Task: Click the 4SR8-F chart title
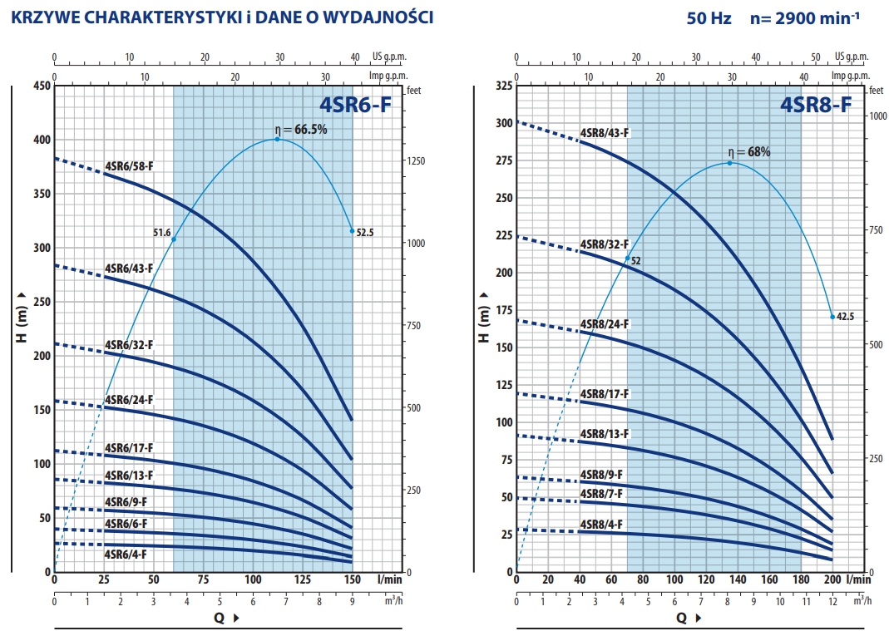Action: pyautogui.click(x=815, y=105)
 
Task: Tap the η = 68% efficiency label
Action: pyautogui.click(x=748, y=152)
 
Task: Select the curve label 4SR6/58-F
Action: pyautogui.click(x=129, y=166)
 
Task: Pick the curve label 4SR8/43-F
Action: pyautogui.click(x=605, y=133)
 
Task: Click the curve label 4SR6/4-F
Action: pyautogui.click(x=126, y=554)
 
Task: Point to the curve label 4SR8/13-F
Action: pyautogui.click(x=605, y=434)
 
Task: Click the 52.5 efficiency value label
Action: pyautogui.click(x=365, y=234)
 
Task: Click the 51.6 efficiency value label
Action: pyautogui.click(x=161, y=234)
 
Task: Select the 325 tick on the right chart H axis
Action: pyautogui.click(x=502, y=86)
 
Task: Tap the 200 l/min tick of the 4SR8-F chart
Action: pyautogui.click(x=832, y=579)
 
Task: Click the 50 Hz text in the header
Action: pyautogui.click(x=709, y=17)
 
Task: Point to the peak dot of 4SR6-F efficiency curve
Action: pyautogui.click(x=278, y=139)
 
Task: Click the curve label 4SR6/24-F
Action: pyautogui.click(x=129, y=400)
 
